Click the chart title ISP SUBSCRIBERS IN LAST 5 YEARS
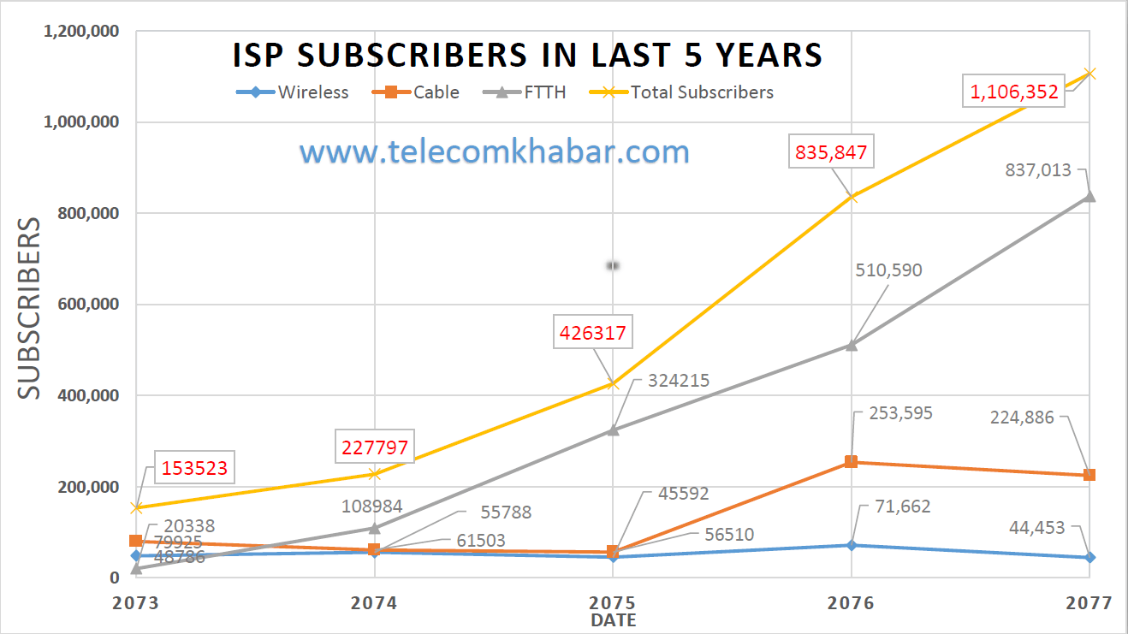[x=527, y=55]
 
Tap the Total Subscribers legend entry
[x=688, y=92]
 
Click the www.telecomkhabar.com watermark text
[x=494, y=152]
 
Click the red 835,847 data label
[x=831, y=153]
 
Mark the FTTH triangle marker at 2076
[x=851, y=345]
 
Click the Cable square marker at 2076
[x=851, y=462]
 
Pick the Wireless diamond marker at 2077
[x=1089, y=557]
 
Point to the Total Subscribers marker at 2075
[x=612, y=383]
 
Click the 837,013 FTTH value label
[x=1039, y=170]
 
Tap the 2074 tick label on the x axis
[x=374, y=603]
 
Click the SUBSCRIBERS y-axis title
[x=29, y=308]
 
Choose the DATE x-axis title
[x=613, y=620]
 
